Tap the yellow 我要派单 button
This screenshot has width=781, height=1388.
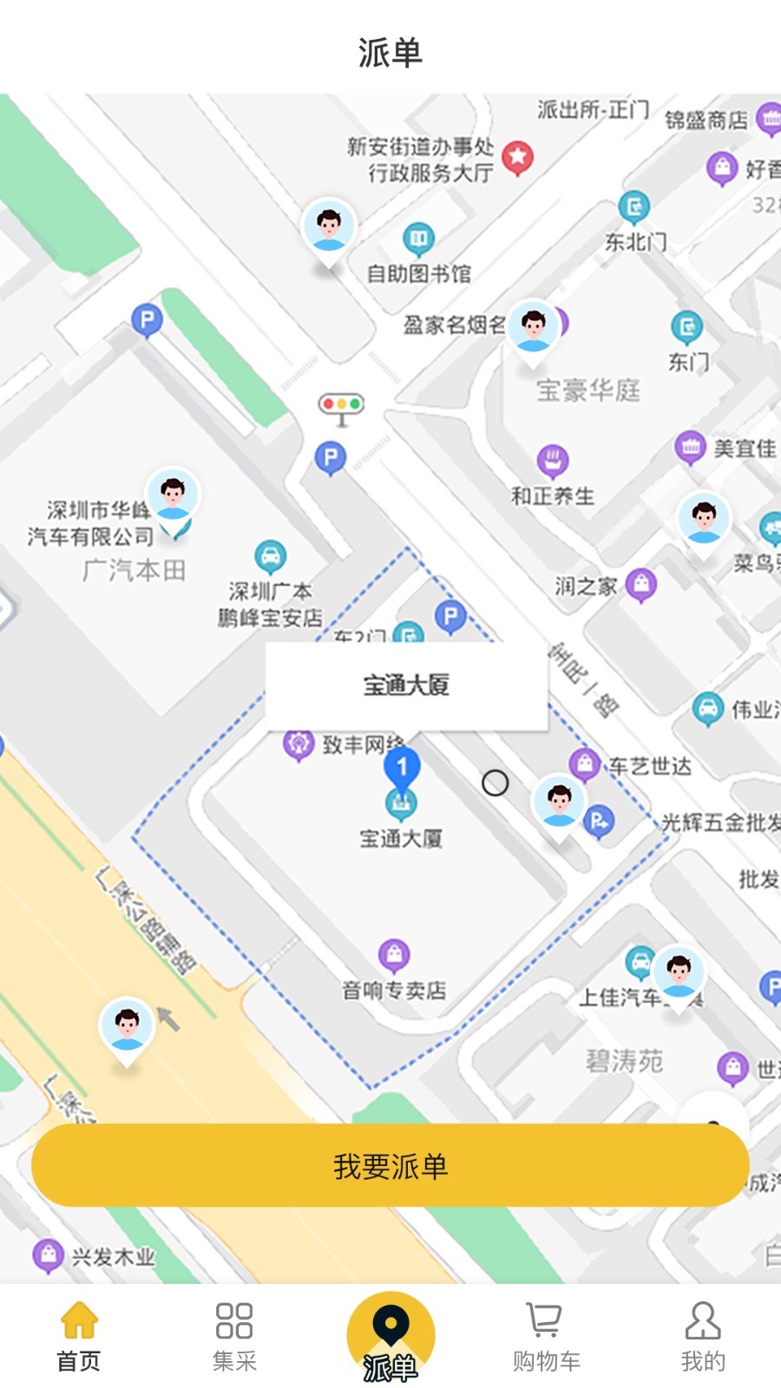390,1165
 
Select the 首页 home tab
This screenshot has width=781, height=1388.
79,1337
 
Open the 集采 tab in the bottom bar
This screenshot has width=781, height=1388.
234,1337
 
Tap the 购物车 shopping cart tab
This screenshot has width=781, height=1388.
546,1337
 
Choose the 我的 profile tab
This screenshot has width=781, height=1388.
702,1337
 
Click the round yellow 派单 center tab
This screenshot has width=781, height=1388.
390,1337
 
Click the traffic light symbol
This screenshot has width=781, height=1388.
341,407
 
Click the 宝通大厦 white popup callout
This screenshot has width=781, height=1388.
406,685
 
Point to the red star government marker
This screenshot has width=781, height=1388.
518,157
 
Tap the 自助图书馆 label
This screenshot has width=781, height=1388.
419,274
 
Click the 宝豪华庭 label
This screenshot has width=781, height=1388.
588,390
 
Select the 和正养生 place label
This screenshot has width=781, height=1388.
553,496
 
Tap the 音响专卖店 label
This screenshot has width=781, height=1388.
394,990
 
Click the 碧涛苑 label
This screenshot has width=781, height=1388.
625,1060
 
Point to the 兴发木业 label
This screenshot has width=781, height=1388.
113,1257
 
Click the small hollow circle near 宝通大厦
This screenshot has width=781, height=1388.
495,783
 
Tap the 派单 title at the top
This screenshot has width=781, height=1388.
390,52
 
